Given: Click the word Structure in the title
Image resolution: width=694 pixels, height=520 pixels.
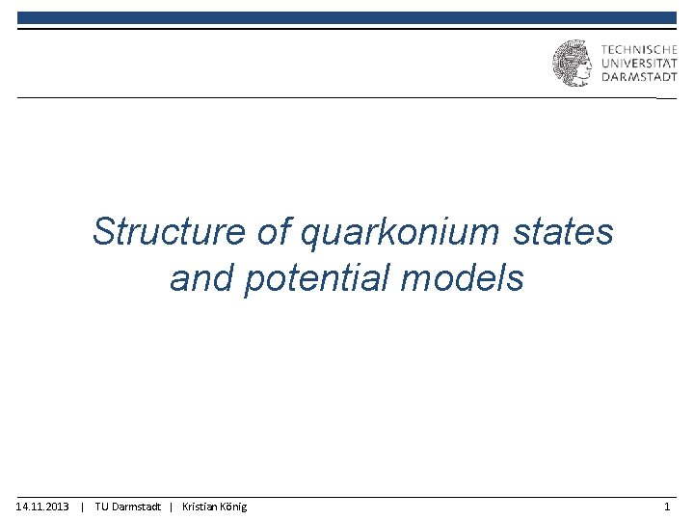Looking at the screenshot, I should click(169, 232).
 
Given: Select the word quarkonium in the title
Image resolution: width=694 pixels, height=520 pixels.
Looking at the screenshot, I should click(397, 232).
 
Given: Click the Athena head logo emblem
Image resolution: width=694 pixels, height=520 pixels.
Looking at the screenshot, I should click(572, 64).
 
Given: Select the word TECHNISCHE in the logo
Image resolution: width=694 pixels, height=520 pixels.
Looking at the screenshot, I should click(638, 49).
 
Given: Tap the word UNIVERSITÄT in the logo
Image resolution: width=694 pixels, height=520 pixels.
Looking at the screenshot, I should click(638, 64).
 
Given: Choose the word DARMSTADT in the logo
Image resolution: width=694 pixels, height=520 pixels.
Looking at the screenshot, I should click(638, 78).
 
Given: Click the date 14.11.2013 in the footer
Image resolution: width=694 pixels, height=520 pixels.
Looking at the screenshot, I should click(42, 507).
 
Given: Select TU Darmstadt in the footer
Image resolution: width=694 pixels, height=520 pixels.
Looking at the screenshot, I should click(128, 507).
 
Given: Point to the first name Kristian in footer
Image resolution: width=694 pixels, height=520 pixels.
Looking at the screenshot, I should click(200, 507).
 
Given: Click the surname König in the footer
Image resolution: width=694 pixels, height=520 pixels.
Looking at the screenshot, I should click(234, 507).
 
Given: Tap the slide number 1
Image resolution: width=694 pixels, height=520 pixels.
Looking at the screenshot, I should click(667, 507).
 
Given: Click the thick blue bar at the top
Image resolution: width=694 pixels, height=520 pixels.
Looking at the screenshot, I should click(347, 17).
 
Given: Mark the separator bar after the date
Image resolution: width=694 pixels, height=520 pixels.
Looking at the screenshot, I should click(83, 507).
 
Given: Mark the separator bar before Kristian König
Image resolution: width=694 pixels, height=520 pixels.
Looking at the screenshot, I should click(171, 507).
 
